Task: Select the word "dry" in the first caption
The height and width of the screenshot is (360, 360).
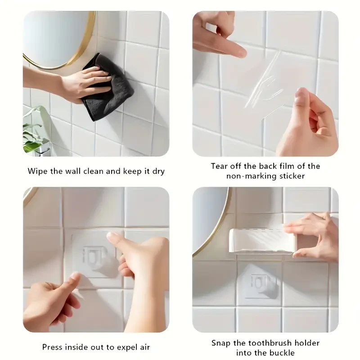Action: pos(157,171)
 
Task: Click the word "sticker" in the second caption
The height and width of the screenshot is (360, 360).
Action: pos(290,176)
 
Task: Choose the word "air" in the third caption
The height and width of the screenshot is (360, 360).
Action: pos(144,347)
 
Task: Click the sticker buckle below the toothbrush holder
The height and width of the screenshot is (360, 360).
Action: pos(260,284)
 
